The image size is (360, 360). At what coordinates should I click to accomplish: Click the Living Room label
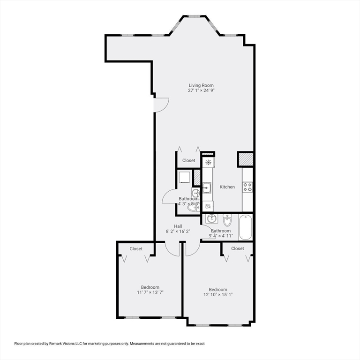click(201, 85)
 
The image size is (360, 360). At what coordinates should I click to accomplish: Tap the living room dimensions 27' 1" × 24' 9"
click(201, 90)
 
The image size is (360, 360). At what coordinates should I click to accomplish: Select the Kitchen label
click(227, 187)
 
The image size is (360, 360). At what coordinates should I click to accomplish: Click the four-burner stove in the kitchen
click(247, 187)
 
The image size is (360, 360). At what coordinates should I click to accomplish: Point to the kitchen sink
click(207, 188)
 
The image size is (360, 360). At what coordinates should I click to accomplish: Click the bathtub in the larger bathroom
click(246, 227)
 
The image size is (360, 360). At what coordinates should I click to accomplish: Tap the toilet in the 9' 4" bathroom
click(227, 219)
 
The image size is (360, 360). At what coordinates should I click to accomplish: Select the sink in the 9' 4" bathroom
click(211, 218)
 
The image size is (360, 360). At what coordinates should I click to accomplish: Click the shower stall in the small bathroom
click(184, 177)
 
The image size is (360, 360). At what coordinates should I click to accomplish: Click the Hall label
click(178, 226)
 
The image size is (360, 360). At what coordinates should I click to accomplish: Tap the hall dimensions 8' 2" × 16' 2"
click(178, 231)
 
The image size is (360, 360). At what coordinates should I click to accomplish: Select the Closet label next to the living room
click(189, 160)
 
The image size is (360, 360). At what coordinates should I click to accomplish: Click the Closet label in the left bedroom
click(136, 248)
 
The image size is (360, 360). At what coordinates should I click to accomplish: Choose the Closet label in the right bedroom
click(238, 248)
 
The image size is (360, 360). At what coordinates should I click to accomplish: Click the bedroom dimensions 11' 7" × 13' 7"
click(150, 292)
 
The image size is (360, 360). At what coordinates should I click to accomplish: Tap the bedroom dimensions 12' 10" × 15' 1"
click(218, 295)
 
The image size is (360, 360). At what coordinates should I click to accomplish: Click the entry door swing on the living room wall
click(160, 105)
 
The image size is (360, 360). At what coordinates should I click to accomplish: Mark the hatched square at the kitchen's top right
click(246, 159)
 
